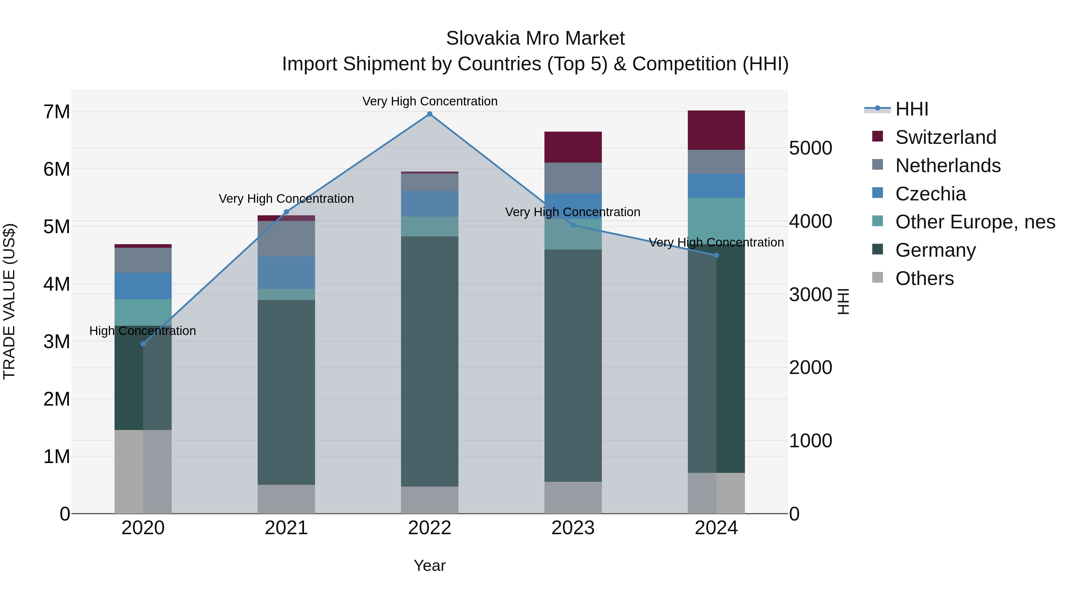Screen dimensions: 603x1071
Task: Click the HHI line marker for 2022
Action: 430,114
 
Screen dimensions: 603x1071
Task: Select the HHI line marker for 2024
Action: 716,255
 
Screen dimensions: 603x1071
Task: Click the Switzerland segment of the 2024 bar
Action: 716,130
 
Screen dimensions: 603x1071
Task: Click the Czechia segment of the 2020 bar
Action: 143,286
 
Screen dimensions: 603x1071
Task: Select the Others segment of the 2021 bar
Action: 286,499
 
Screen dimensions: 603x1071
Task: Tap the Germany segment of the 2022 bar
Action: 430,361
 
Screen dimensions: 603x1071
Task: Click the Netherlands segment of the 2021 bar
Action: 286,239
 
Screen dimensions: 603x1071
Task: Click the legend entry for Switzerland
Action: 945,137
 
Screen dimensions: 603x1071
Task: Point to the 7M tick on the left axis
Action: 57,112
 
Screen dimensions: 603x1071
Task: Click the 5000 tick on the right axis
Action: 810,148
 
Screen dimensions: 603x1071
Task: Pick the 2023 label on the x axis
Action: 573,528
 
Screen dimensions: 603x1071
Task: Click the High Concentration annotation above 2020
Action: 143,331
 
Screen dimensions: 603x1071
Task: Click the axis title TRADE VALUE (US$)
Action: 9,301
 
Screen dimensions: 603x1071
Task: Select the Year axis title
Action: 430,565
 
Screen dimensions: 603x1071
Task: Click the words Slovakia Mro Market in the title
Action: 535,38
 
